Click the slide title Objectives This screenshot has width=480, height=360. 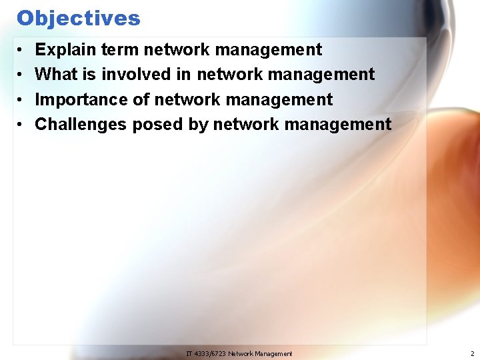(x=79, y=18)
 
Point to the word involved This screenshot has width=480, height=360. (x=137, y=75)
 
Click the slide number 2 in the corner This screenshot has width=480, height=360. (x=471, y=353)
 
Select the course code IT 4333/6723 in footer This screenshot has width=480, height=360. (x=206, y=353)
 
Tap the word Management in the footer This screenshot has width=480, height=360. (x=274, y=353)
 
